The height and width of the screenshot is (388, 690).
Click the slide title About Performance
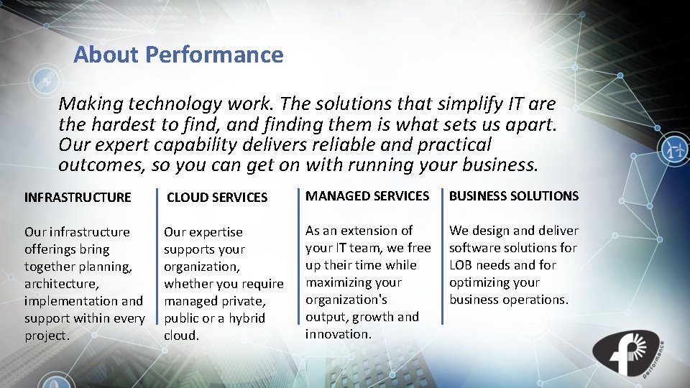pos(178,55)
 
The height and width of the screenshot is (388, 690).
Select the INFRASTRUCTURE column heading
pos(78,197)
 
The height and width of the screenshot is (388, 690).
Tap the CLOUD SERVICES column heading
pos(217,197)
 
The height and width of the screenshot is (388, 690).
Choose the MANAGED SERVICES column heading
pos(367,195)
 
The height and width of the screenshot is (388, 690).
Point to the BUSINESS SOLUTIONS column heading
pos(514,195)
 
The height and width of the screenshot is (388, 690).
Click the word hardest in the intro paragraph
pos(121,125)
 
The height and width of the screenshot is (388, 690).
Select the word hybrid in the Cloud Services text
pos(243,318)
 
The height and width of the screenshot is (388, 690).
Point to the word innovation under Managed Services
pos(337,334)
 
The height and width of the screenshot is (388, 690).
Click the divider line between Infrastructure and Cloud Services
pos(157,266)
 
